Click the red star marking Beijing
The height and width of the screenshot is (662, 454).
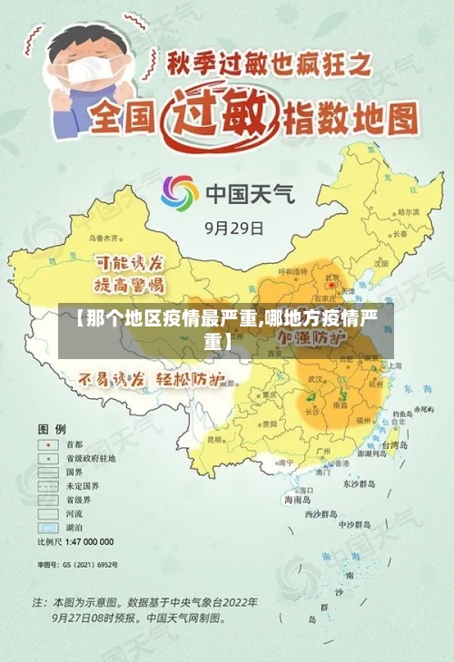pos(331,286)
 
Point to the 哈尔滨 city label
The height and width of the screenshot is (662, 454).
pos(400,211)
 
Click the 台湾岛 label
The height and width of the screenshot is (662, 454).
pos(398,445)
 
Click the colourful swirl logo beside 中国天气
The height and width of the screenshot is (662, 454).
pos(180,192)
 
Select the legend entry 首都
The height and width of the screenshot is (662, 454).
pos(73,444)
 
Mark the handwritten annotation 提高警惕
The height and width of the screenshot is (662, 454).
pos(131,284)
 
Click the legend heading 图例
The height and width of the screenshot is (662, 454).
pos(52,426)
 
